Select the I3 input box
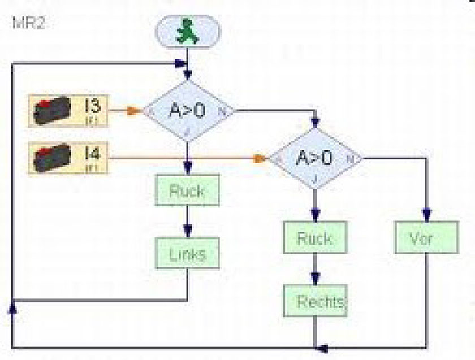(67, 110)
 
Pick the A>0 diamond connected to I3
(187, 111)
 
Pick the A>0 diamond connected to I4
(314, 158)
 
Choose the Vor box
(425, 238)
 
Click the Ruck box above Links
(187, 190)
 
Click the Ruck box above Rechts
(314, 238)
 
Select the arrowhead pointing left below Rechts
(321, 346)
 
